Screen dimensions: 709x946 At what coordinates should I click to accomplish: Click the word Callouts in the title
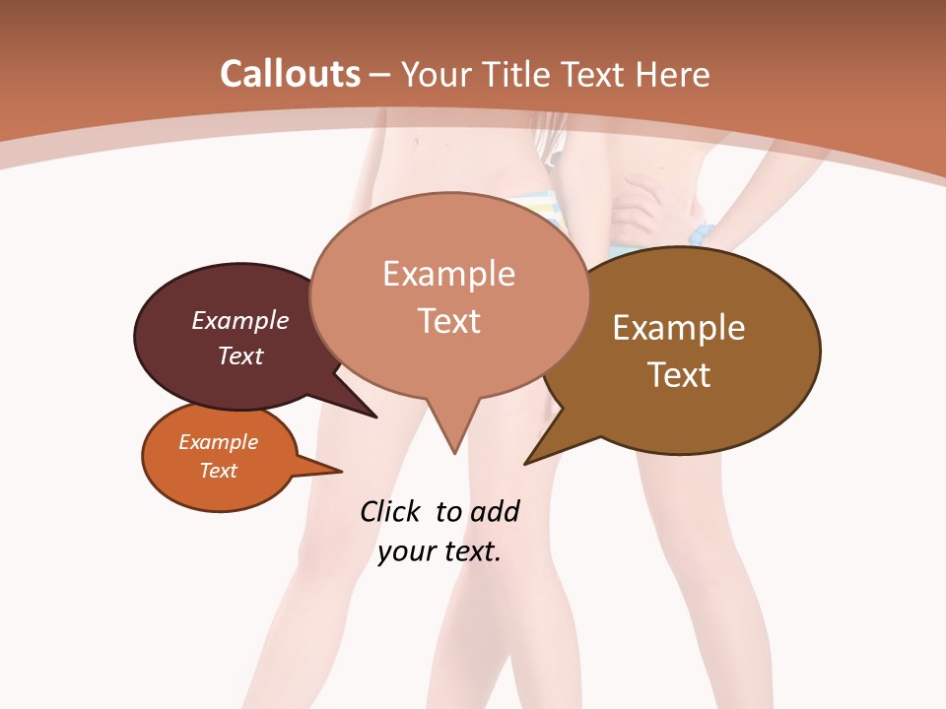tap(290, 74)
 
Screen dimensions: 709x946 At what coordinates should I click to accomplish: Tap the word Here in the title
tap(671, 74)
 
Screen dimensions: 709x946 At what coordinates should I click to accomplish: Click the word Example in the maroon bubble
tap(240, 320)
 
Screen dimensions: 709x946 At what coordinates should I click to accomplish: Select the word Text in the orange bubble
tap(219, 471)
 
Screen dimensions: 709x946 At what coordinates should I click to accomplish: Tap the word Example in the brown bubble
tap(679, 328)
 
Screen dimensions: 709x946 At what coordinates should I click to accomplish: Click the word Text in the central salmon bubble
tap(449, 321)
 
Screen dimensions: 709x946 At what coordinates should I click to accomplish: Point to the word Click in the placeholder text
tap(389, 511)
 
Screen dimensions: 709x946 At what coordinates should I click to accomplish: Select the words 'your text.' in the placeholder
tap(439, 551)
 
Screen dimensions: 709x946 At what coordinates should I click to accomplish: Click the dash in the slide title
tap(381, 75)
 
